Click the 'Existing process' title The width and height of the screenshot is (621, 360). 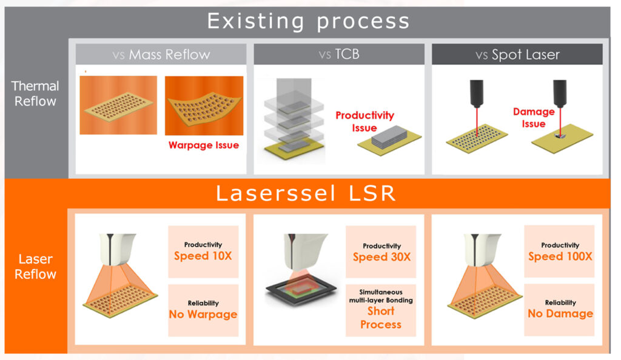(x=308, y=21)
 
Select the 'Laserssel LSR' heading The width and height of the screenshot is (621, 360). (x=306, y=193)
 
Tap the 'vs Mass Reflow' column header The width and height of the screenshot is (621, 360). (x=161, y=54)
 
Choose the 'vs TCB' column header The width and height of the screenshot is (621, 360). (x=339, y=54)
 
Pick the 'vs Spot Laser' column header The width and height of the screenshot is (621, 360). (x=518, y=55)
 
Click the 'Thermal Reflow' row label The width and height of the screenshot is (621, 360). (x=35, y=93)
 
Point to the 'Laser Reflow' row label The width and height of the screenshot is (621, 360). (x=35, y=266)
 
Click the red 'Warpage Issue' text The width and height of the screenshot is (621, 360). (x=204, y=145)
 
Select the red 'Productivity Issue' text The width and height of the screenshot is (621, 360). (x=364, y=121)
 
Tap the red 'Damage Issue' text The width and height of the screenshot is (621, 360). (x=534, y=118)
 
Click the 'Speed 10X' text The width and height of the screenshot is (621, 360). (x=203, y=256)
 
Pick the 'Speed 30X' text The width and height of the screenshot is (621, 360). (x=382, y=257)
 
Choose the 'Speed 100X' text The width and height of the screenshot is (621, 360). (x=560, y=256)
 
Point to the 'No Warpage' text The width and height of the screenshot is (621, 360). (x=203, y=314)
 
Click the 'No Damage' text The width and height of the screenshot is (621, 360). (x=560, y=314)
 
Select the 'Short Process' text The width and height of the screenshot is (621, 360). (x=381, y=318)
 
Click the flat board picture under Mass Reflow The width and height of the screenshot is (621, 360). (x=118, y=105)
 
